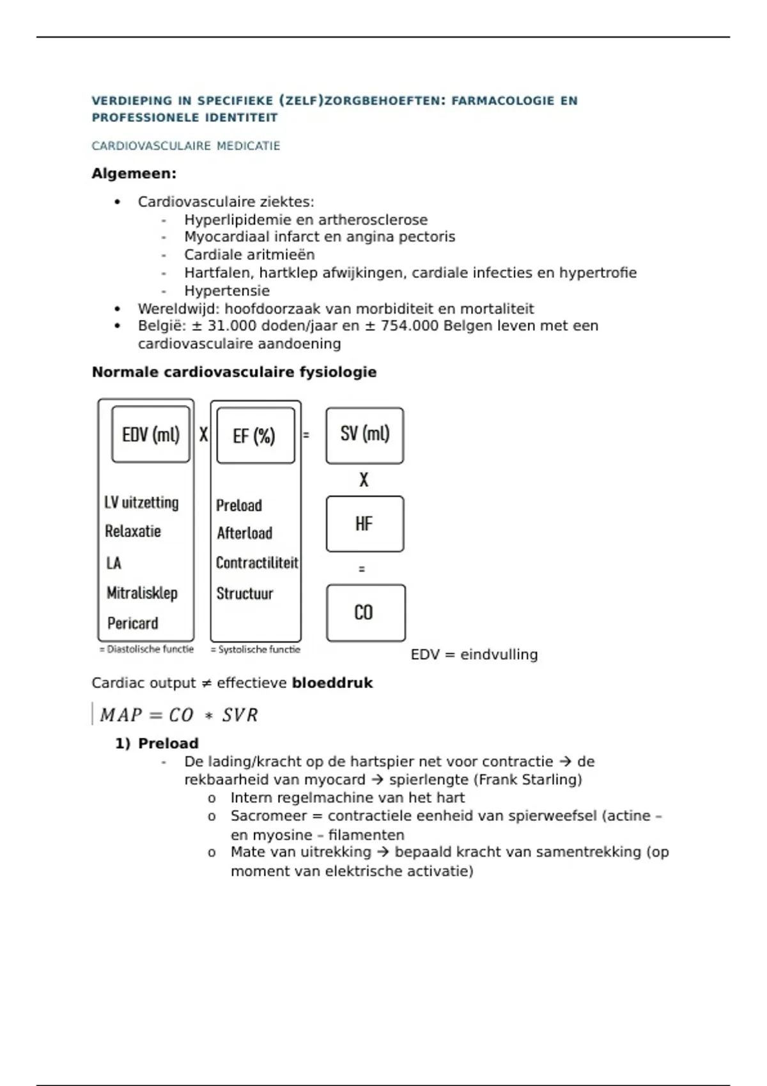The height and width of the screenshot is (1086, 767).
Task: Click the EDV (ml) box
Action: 151,434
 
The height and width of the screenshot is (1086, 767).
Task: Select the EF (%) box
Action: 255,436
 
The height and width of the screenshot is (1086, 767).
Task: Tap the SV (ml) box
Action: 364,434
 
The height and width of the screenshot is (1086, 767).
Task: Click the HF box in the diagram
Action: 364,524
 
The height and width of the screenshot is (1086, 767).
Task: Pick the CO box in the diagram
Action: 364,613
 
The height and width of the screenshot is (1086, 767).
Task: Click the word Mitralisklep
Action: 142,593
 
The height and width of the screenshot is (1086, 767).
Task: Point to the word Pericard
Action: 132,623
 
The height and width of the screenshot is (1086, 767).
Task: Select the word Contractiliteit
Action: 257,563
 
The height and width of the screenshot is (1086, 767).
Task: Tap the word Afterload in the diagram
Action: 244,533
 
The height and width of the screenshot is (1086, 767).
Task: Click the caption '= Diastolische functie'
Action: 146,649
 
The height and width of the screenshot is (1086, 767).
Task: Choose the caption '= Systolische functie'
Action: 256,649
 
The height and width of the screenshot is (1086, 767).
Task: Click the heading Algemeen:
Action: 134,174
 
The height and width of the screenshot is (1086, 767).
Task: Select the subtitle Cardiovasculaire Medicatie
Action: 186,146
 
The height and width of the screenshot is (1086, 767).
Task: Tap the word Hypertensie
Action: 227,291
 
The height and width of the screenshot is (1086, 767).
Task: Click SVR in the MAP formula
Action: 240,715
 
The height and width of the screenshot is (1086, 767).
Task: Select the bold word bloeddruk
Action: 332,683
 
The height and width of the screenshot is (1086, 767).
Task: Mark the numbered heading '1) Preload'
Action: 157,744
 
